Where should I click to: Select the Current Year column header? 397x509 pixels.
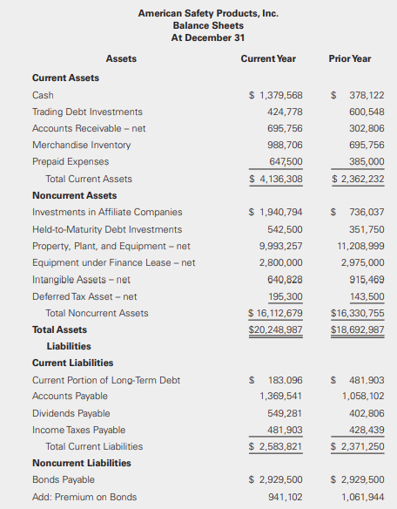tap(267, 59)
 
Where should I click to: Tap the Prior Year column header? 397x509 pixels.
tap(350, 59)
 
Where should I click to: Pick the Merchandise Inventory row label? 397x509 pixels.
tap(81, 145)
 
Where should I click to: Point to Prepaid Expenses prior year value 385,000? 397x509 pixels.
tap(366, 161)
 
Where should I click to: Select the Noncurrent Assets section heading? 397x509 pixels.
tap(74, 195)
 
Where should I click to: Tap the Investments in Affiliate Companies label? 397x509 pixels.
tap(107, 212)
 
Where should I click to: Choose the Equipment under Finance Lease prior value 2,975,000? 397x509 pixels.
tap(362, 262)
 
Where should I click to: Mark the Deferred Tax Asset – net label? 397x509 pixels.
tap(84, 296)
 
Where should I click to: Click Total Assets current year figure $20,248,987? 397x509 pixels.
tap(275, 329)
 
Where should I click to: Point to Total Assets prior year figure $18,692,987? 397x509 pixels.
tap(357, 329)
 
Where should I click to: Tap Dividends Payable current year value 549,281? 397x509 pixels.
tap(281, 413)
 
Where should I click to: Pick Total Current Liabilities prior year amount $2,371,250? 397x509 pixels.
tap(357, 446)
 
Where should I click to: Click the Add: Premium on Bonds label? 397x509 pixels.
tap(84, 497)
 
